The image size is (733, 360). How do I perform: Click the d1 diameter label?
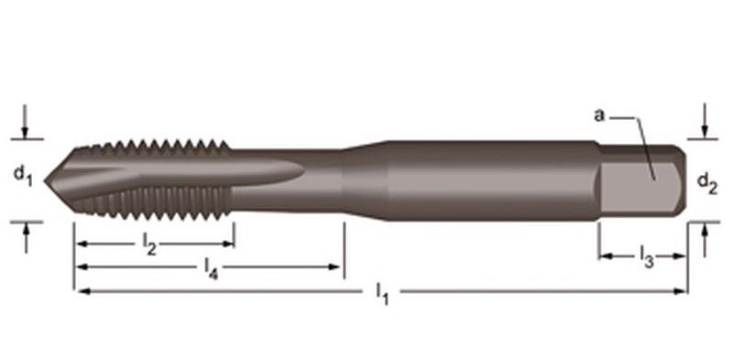[23, 176]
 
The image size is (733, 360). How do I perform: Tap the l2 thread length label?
[149, 245]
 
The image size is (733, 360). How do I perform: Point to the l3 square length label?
[647, 257]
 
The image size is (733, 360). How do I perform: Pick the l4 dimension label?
[212, 268]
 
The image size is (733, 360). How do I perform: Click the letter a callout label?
[599, 115]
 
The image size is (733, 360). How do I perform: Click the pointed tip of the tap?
[45, 180]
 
